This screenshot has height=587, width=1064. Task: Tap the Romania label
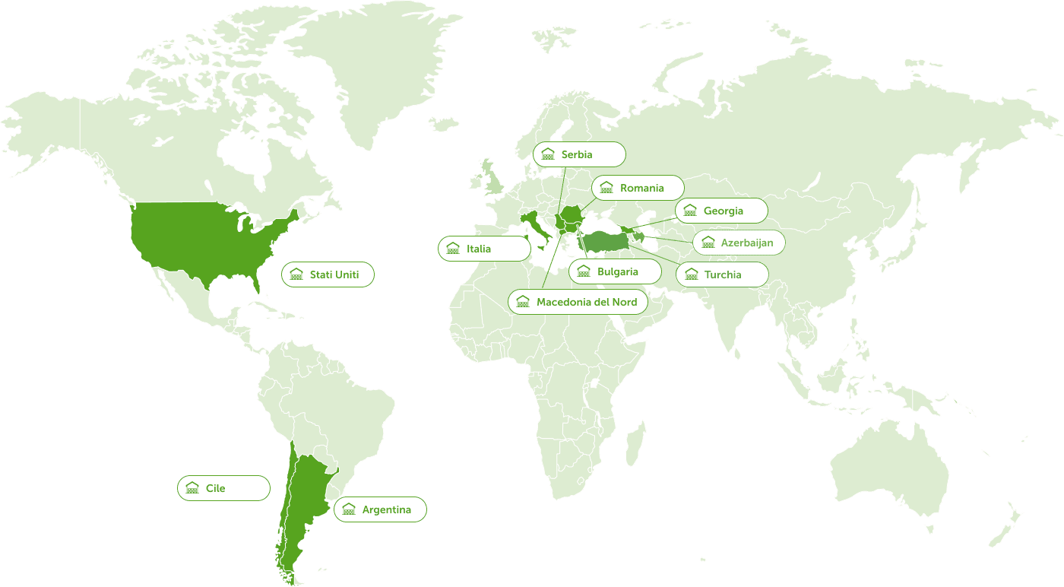(638, 188)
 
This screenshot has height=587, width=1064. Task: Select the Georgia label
(721, 211)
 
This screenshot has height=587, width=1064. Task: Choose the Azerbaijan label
(738, 243)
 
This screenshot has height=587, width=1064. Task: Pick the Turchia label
(722, 274)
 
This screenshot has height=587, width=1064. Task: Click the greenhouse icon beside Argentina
(349, 509)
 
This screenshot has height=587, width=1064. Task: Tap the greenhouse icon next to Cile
(192, 488)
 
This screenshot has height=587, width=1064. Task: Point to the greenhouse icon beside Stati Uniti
(296, 274)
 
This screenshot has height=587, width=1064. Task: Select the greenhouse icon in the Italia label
(453, 249)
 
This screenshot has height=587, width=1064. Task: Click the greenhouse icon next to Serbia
(548, 154)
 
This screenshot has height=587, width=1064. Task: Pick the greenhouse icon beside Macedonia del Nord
(523, 302)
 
